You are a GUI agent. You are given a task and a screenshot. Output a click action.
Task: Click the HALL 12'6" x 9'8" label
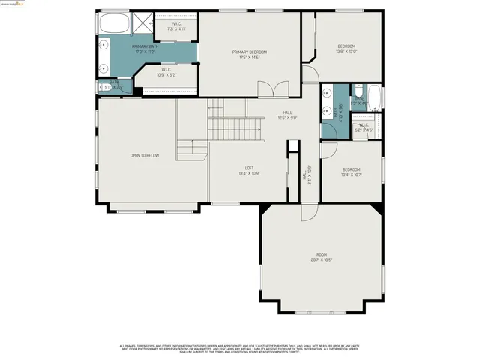(287, 115)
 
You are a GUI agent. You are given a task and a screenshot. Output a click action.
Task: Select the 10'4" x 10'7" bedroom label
(351, 172)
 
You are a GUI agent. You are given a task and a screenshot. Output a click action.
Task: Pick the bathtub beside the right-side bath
(375, 99)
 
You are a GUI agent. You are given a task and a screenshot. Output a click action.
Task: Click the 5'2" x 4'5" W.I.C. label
(363, 127)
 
